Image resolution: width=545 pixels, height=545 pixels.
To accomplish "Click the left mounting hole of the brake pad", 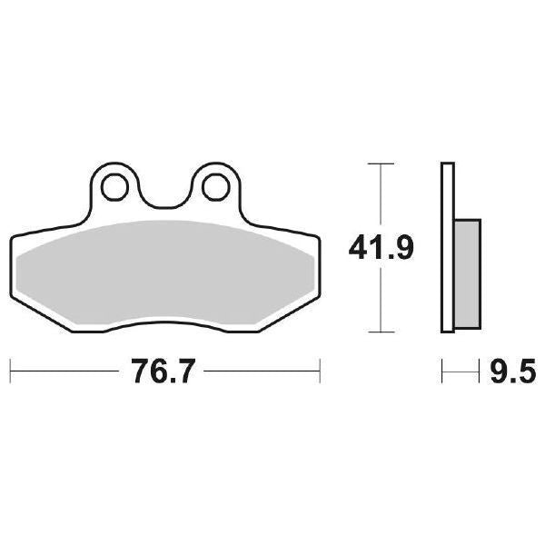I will click(x=115, y=187).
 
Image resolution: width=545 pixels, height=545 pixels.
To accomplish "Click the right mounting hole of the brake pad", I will click(x=214, y=187).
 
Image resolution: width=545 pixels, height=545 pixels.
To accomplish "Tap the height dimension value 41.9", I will click(x=381, y=246).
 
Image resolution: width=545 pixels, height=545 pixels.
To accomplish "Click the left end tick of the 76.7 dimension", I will click(x=10, y=371).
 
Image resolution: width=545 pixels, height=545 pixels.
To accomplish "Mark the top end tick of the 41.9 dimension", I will click(x=380, y=163).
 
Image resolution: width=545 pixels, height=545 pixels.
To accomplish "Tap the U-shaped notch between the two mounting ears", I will click(x=164, y=195).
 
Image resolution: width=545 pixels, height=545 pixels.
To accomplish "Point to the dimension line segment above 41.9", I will click(x=380, y=195).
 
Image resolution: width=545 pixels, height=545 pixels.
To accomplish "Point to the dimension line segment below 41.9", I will click(x=380, y=300).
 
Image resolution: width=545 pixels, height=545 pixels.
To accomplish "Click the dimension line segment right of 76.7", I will click(x=263, y=371).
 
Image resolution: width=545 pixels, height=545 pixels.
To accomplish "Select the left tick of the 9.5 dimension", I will click(x=442, y=371).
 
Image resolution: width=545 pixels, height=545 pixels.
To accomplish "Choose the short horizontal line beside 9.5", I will click(x=461, y=371).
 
